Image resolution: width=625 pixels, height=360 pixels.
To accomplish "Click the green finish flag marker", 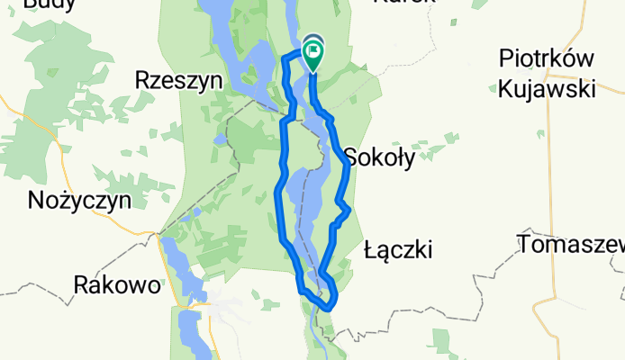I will pos(313,56).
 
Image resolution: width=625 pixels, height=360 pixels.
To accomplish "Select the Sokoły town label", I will pos(379,159).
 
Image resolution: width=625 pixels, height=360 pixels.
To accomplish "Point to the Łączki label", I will pos(399,249).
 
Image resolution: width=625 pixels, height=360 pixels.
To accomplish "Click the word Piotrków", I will pos(547,59).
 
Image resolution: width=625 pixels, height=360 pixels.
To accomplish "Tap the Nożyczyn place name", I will pos(80,199).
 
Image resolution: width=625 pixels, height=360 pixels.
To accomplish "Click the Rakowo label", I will pos(116,286).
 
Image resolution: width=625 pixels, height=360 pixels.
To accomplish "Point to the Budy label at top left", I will pos(49,4).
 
